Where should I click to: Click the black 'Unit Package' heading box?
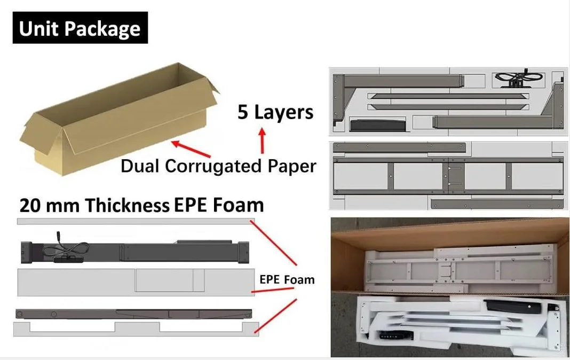(x=80, y=28)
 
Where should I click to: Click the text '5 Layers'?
(x=275, y=113)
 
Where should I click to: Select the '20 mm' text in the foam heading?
(x=49, y=205)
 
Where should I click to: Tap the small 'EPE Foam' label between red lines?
(x=287, y=279)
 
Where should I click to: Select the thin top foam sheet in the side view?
(x=136, y=221)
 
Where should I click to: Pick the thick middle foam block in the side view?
(x=136, y=281)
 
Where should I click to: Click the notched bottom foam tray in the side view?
(x=136, y=328)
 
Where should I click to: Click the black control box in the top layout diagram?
(x=373, y=126)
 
